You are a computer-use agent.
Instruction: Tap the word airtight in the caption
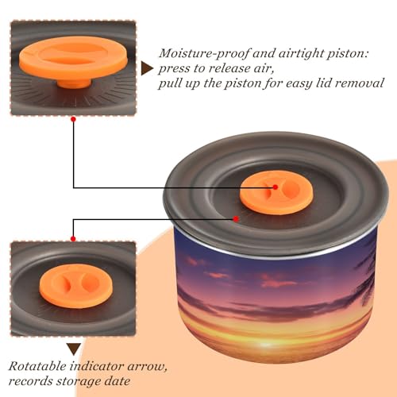(x=299, y=53)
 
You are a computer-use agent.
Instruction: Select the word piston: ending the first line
(x=347, y=54)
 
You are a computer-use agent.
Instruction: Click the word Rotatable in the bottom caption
(x=37, y=367)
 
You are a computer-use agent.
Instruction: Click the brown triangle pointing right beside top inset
(x=147, y=68)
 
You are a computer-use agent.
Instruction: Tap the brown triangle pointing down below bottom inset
(x=74, y=349)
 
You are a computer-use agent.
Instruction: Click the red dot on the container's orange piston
(x=276, y=187)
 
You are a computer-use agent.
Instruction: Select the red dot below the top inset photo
(x=74, y=119)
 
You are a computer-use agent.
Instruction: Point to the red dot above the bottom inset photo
(x=73, y=239)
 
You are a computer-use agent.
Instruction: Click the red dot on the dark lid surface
(x=236, y=219)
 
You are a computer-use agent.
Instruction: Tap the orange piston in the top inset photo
(x=74, y=60)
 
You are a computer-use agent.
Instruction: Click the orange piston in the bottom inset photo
(x=76, y=286)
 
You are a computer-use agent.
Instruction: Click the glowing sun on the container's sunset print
(x=266, y=344)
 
